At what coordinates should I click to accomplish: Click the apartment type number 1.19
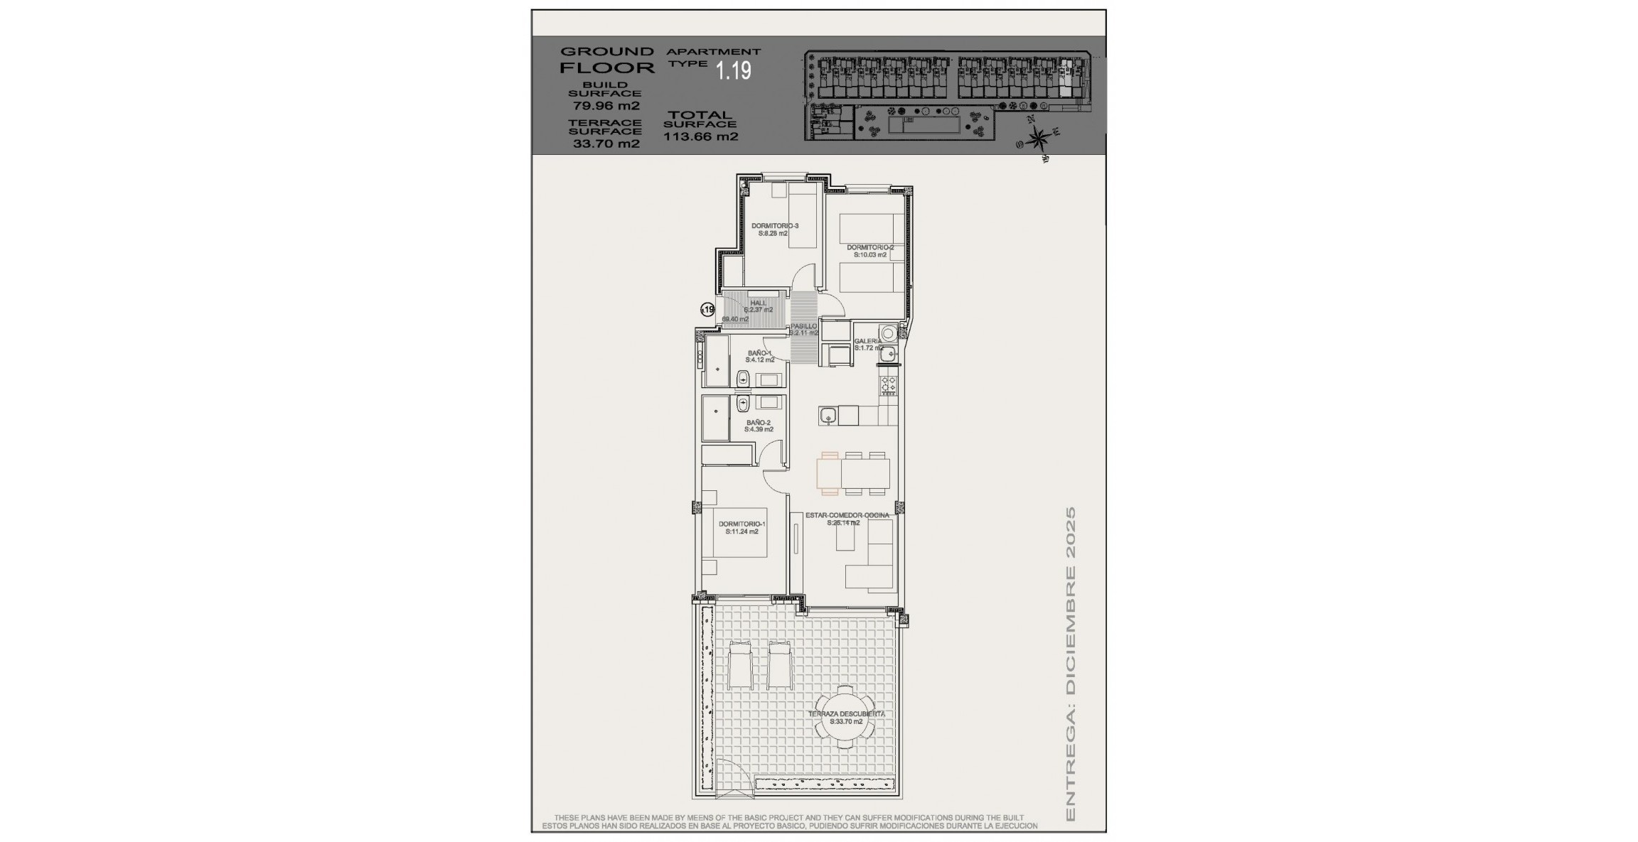pyautogui.click(x=733, y=70)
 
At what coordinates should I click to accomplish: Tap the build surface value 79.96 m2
pyautogui.click(x=606, y=106)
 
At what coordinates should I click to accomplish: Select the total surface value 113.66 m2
pyautogui.click(x=700, y=136)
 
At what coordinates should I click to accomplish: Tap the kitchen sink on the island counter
pyautogui.click(x=827, y=415)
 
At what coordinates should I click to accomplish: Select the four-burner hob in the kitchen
pyautogui.click(x=889, y=384)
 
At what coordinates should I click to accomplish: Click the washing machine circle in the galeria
pyautogui.click(x=888, y=333)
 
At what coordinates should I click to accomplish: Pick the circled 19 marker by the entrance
pyautogui.click(x=707, y=309)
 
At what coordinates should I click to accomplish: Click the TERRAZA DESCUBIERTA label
pyautogui.click(x=846, y=714)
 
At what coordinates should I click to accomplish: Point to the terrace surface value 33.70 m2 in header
pyautogui.click(x=606, y=144)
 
